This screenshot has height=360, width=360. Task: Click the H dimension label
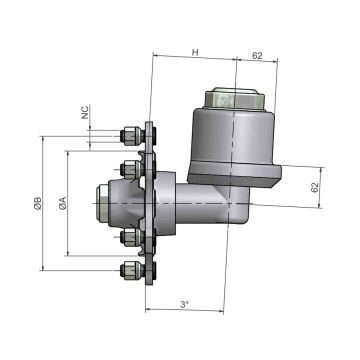click(x=195, y=51)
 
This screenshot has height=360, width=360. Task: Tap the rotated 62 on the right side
click(x=316, y=187)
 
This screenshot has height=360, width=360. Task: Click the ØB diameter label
click(x=38, y=204)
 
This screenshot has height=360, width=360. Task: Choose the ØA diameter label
click(x=63, y=204)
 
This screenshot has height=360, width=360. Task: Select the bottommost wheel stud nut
click(x=127, y=270)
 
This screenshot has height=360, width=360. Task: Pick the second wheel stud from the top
click(x=129, y=165)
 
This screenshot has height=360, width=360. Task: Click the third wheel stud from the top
click(x=129, y=239)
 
